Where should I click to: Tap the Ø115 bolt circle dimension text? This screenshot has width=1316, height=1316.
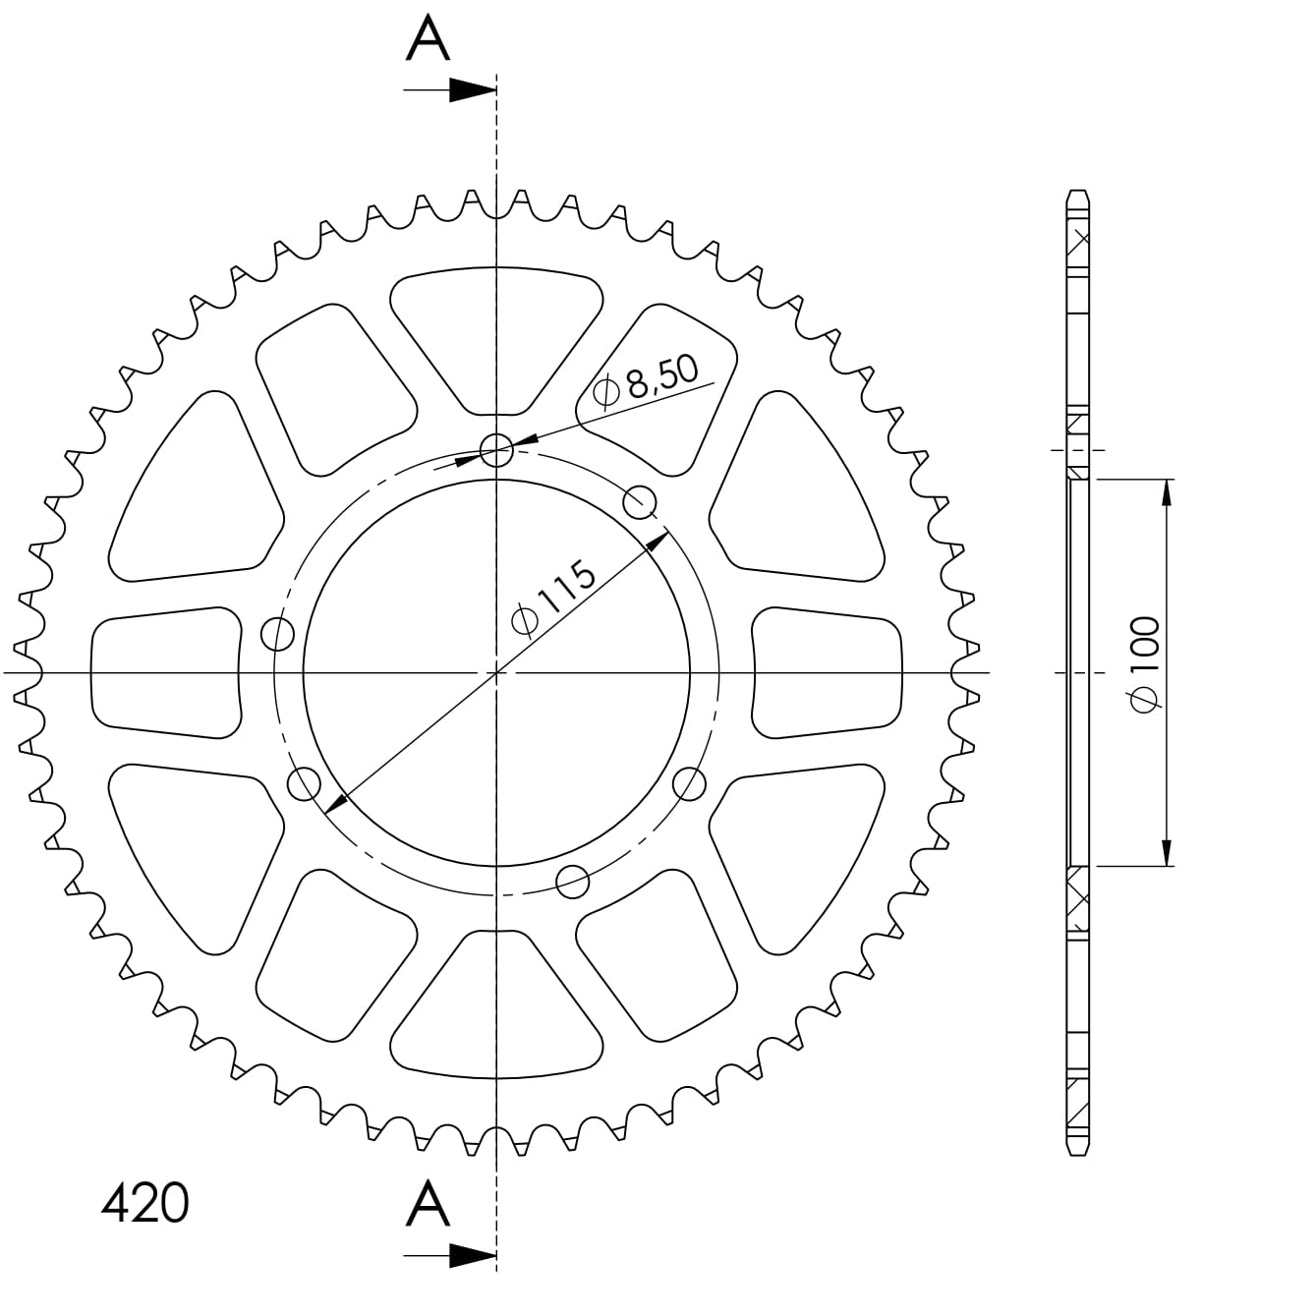(x=554, y=599)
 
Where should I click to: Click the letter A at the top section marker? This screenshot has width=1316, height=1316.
(x=429, y=40)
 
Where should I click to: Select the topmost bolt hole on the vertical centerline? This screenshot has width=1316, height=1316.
(x=496, y=450)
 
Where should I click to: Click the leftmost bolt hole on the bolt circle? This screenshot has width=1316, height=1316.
(x=279, y=635)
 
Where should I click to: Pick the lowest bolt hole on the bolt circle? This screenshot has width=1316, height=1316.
(x=572, y=882)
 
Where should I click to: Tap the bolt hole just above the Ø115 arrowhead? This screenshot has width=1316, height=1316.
(x=641, y=500)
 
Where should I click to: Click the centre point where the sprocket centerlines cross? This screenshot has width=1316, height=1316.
(x=496, y=672)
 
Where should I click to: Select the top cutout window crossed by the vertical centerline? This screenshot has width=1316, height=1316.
(x=496, y=339)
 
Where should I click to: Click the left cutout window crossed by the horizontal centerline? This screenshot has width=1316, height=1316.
(x=165, y=672)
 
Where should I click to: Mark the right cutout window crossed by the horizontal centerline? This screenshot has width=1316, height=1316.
(x=828, y=672)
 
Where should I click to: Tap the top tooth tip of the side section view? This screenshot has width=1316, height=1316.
(x=1079, y=192)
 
